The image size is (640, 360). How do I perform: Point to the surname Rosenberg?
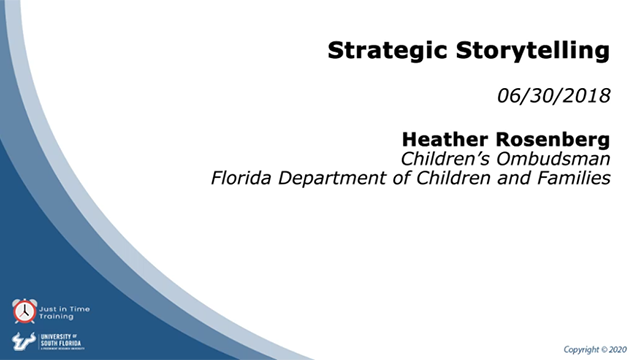point(551,138)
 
